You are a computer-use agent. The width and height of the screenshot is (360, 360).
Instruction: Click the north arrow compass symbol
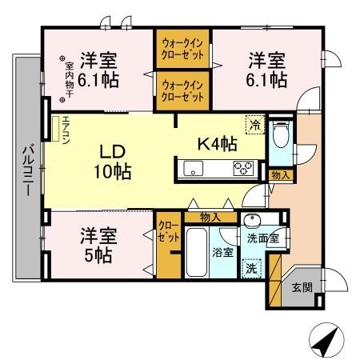[322, 342]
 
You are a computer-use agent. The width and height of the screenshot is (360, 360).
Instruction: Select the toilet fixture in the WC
[280, 138]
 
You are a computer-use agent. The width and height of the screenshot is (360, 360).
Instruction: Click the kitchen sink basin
[195, 168]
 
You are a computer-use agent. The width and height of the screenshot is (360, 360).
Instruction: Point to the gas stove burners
[243, 168]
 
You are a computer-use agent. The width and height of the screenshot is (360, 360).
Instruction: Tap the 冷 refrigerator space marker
[254, 125]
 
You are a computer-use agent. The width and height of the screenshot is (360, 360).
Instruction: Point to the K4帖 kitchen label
[216, 144]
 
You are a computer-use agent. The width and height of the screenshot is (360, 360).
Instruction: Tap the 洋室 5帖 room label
[98, 246]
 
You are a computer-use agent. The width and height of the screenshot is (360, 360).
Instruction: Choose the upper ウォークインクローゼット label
[182, 48]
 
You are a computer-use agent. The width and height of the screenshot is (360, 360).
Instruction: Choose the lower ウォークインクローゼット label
[182, 90]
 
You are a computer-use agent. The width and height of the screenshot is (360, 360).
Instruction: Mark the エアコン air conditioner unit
[56, 130]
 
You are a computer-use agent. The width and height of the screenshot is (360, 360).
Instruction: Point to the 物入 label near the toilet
[280, 174]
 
